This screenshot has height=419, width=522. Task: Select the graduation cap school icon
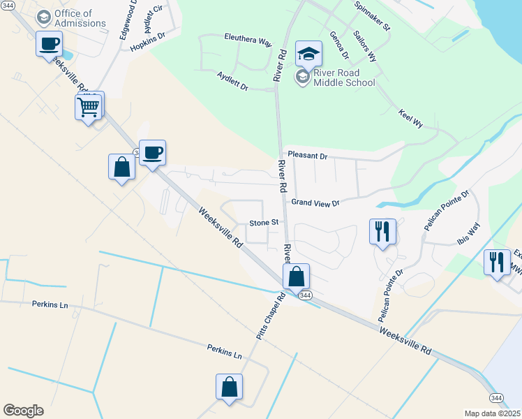pyautogui.click(x=308, y=53)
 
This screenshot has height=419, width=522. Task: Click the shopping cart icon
pyautogui.click(x=89, y=107)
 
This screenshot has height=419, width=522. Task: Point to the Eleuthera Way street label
pyautogui.click(x=248, y=41)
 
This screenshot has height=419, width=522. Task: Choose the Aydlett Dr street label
pyautogui.click(x=232, y=81)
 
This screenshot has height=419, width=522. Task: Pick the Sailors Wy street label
pyautogui.click(x=364, y=46)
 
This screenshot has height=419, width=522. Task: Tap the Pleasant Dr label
pyautogui.click(x=307, y=156)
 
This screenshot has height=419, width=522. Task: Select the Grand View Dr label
pyautogui.click(x=315, y=203)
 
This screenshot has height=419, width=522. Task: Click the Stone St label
pyautogui.click(x=264, y=223)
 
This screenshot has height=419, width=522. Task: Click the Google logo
pyautogui.click(x=23, y=411)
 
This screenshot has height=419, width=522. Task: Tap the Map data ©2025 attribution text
pyautogui.click(x=492, y=413)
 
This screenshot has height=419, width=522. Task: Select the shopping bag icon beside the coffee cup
pyautogui.click(x=122, y=168)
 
